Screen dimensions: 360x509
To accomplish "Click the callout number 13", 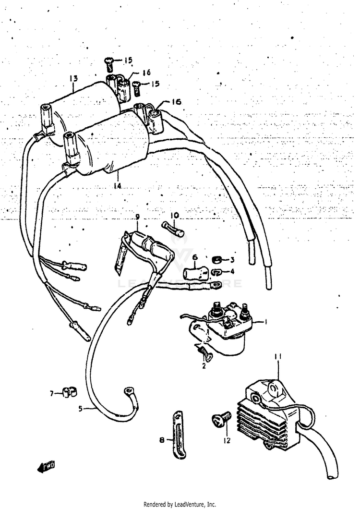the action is pos(73,78).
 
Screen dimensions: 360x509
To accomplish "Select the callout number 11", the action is pos(277,357).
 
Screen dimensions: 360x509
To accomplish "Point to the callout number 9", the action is pos(137,217).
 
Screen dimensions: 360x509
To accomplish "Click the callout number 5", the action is pos(81,409).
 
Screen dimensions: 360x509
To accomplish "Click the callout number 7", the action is pos(52,394).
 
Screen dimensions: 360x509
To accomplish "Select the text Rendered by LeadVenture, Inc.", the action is pos(180,504).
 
